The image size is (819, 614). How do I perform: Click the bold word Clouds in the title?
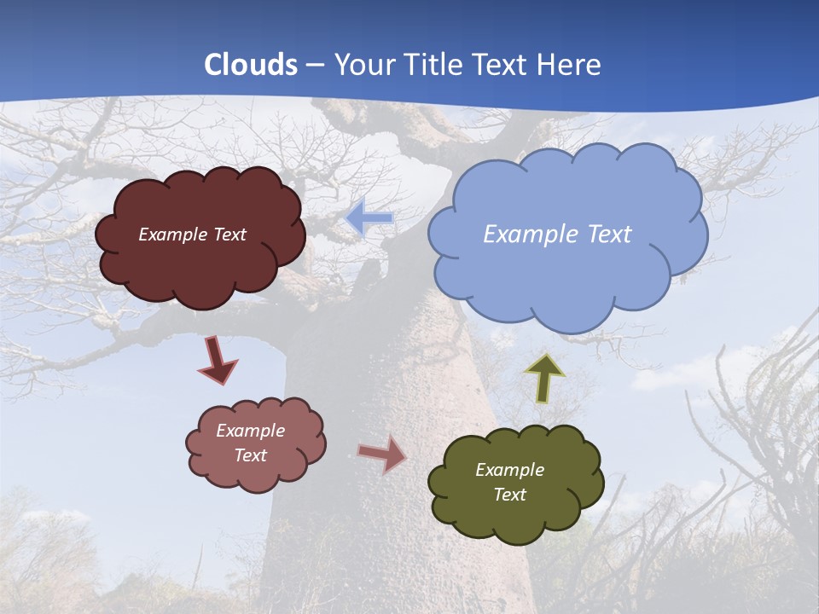click(251, 65)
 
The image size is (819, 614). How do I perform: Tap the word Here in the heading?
click(570, 65)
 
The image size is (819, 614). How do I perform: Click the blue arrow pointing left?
click(369, 218)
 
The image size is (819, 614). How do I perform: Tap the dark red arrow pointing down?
click(218, 361)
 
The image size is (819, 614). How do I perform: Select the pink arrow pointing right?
click(382, 454)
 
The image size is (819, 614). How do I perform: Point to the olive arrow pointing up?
click(543, 378)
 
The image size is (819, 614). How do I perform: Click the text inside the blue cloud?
click(557, 235)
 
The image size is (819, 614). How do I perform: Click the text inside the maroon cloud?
click(192, 235)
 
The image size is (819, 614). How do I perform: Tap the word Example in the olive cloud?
click(509, 470)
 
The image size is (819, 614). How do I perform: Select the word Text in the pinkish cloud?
click(251, 455)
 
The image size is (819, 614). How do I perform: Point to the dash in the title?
click(315, 65)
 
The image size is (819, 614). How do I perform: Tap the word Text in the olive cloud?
click(509, 495)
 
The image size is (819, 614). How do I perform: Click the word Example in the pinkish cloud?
click(250, 431)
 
